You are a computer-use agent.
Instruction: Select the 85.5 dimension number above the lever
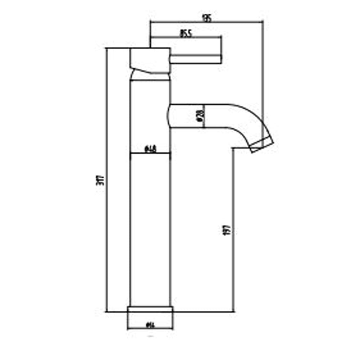[185, 34]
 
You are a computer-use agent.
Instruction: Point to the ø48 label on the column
[150, 149]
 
